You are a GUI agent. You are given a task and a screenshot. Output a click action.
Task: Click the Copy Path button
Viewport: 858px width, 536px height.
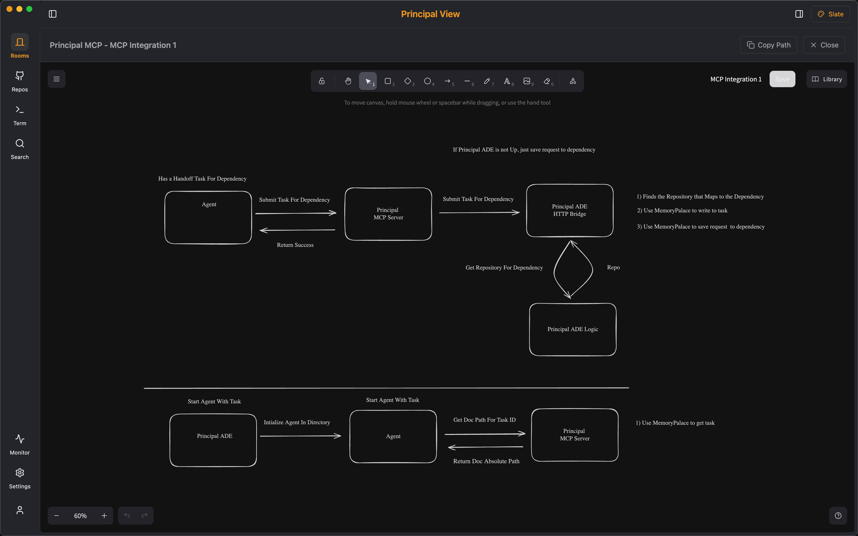pyautogui.click(x=768, y=45)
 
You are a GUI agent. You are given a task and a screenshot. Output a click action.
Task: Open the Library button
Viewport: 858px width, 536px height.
pyautogui.click(x=826, y=79)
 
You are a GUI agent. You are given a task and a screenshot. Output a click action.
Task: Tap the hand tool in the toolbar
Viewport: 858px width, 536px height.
pyautogui.click(x=348, y=81)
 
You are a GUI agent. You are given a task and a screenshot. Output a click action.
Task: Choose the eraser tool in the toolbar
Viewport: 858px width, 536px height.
pyautogui.click(x=547, y=81)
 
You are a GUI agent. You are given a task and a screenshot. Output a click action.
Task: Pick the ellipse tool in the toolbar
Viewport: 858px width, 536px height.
pyautogui.click(x=428, y=81)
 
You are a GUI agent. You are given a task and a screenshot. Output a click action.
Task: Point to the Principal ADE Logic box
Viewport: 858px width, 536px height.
pyautogui.click(x=572, y=329)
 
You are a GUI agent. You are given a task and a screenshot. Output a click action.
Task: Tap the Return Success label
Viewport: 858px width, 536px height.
pyautogui.click(x=295, y=245)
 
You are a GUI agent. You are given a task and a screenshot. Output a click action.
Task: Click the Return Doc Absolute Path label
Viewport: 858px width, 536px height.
pyautogui.click(x=486, y=461)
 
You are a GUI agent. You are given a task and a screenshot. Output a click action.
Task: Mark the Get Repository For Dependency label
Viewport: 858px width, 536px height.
pyautogui.click(x=504, y=268)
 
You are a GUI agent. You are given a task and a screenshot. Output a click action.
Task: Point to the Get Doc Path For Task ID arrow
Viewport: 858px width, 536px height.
pyautogui.click(x=485, y=434)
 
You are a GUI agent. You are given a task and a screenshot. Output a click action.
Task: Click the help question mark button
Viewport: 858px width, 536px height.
pyautogui.click(x=838, y=516)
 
